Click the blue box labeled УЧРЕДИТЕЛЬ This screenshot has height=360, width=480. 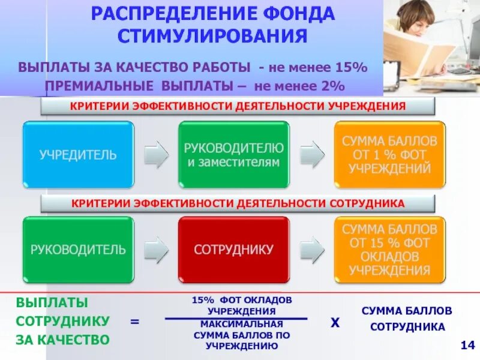pyautogui.click(x=78, y=154)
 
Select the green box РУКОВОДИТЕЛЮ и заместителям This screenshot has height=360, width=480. pyautogui.click(x=233, y=154)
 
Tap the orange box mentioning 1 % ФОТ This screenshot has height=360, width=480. pyautogui.click(x=389, y=154)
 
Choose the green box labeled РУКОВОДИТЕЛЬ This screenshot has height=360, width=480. pyautogui.click(x=78, y=250)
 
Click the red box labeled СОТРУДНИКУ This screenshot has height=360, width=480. pyautogui.click(x=233, y=250)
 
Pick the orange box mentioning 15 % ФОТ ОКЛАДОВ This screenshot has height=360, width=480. pyautogui.click(x=389, y=250)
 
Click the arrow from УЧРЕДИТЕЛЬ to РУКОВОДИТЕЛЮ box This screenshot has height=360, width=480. pyautogui.click(x=156, y=154)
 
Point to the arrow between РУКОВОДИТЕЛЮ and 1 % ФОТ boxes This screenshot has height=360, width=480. pyautogui.click(x=311, y=154)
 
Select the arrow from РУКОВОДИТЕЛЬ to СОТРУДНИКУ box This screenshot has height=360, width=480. pyautogui.click(x=156, y=250)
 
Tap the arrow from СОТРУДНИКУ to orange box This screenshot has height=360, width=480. pyautogui.click(x=311, y=250)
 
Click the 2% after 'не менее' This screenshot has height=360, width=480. pyautogui.click(x=332, y=86)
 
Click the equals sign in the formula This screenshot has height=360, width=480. pyautogui.click(x=135, y=322)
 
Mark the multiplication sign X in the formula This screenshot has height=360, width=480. pyautogui.click(x=335, y=322)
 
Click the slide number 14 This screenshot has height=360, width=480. pyautogui.click(x=467, y=345)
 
